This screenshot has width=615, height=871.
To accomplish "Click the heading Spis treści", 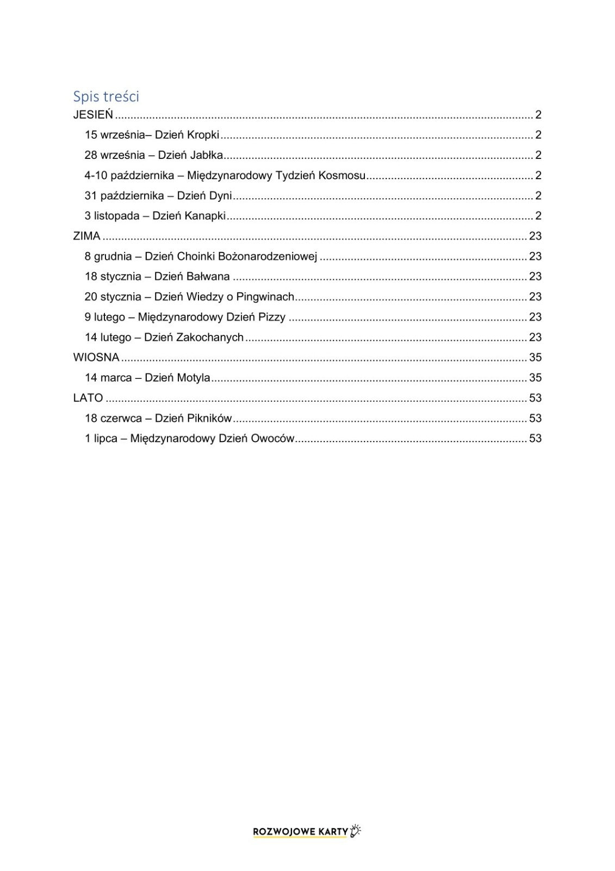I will (x=106, y=96).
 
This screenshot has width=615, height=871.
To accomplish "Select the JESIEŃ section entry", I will (x=93, y=115).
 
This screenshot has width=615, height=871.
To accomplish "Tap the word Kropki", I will (x=203, y=135).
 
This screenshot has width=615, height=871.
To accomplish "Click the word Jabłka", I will (x=207, y=155).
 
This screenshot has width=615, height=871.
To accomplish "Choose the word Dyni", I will (x=221, y=195).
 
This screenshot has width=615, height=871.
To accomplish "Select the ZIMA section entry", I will (x=87, y=236).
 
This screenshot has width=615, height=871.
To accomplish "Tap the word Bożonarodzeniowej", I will (x=268, y=256).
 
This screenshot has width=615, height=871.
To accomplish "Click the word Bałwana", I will (x=208, y=277).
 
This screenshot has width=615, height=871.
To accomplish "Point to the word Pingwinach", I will (x=265, y=297).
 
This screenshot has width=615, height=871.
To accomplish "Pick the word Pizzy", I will (x=271, y=317).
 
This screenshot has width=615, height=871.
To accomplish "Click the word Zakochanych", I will (x=210, y=338).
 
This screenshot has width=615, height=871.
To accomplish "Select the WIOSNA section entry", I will (x=96, y=358).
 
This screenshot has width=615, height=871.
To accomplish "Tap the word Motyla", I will (x=194, y=378).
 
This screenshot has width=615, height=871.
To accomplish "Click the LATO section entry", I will (x=88, y=398).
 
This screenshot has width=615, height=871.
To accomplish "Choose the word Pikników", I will (x=209, y=418).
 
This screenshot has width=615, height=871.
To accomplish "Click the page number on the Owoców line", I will (x=535, y=438).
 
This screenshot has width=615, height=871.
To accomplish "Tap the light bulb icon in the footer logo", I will (x=356, y=830).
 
